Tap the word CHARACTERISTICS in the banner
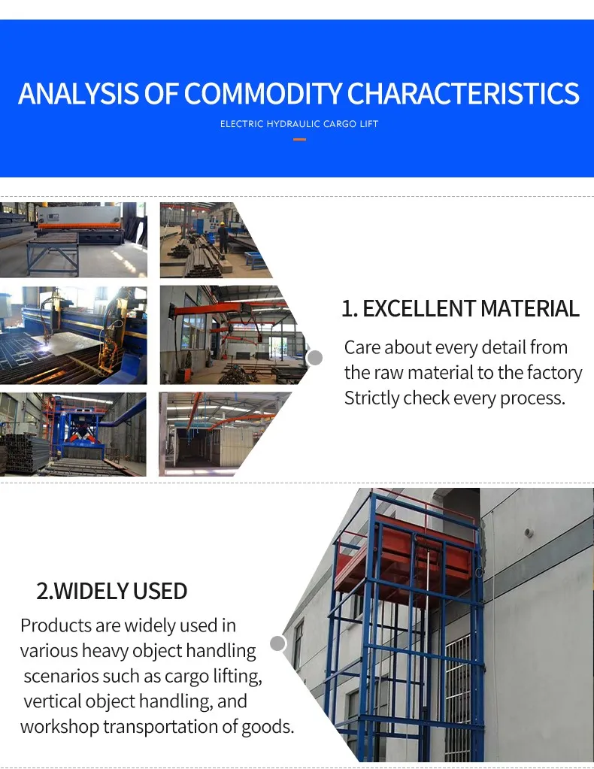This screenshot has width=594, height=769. coord(463,94)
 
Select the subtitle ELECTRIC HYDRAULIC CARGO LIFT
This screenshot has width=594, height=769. coord(299,123)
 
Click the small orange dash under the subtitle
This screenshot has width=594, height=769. coord(299,139)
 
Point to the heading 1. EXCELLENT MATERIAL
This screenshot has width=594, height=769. coord(460,308)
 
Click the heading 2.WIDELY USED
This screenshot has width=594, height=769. coord(112,591)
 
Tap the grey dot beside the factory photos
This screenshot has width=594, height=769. coord(315,358)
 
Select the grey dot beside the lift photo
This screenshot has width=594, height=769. coord(277,643)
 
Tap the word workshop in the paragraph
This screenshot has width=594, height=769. coord(59,727)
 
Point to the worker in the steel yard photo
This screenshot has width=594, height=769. coord(223,236)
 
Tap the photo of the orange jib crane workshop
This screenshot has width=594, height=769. coord(226,335)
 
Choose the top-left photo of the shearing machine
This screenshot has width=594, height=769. coord(73,239)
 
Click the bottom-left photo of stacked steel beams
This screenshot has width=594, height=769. coord(73,434)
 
